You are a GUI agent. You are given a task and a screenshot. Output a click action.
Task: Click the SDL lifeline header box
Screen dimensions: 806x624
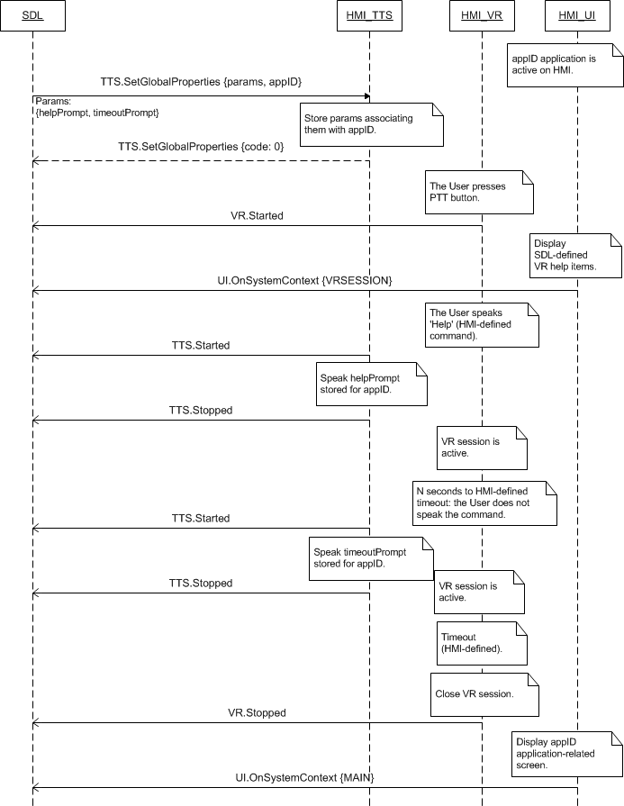(32, 15)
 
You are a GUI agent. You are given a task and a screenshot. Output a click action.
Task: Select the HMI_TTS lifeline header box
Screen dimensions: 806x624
(369, 15)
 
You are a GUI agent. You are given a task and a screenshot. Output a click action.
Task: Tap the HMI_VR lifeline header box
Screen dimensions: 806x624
(481, 15)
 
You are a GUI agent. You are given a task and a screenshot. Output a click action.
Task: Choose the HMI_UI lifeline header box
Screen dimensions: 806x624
(577, 15)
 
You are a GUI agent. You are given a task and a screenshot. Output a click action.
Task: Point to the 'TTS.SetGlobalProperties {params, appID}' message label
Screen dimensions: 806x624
(201, 82)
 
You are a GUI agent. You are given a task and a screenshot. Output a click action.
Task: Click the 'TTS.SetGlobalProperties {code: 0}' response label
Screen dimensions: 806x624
(200, 146)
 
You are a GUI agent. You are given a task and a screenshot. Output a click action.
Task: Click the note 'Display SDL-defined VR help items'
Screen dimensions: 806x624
(575, 255)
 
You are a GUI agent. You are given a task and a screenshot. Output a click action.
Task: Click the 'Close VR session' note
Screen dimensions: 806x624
(485, 693)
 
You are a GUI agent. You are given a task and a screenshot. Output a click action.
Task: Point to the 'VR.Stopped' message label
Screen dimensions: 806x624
(257, 712)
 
